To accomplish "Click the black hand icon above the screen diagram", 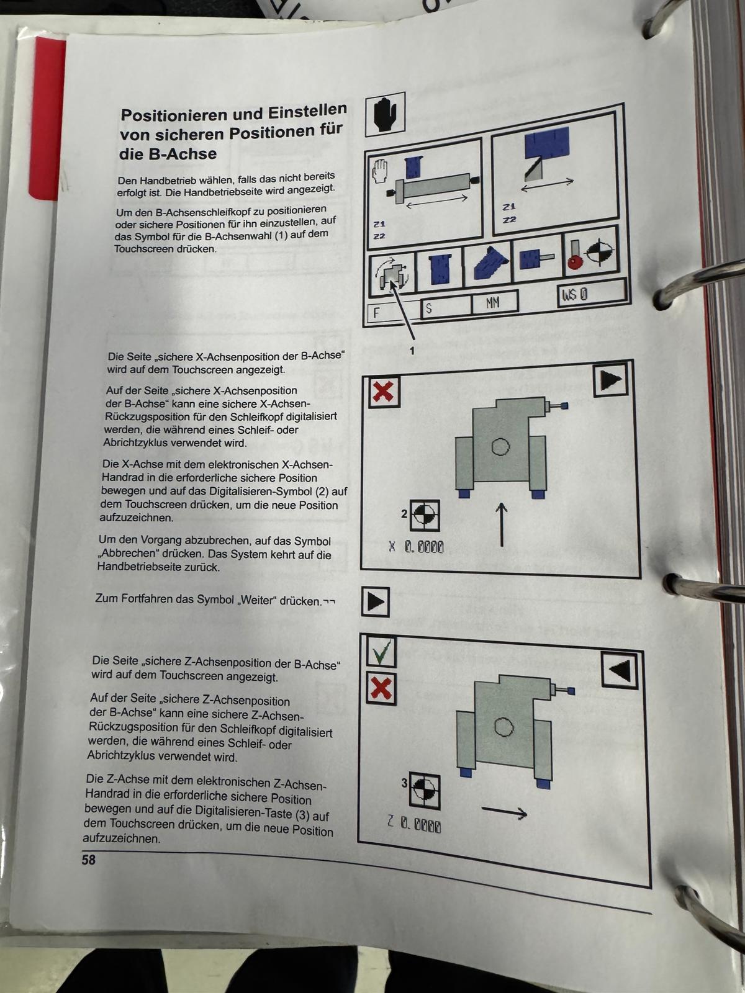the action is [x=385, y=114].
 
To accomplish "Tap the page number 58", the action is [x=89, y=860].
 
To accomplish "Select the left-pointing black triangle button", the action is [x=619, y=670].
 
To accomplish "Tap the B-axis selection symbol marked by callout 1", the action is [x=392, y=276].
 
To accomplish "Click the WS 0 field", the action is [x=592, y=294].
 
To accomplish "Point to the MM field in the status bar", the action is [x=494, y=303].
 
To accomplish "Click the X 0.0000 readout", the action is [x=416, y=547].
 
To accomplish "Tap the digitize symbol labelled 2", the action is [x=425, y=515].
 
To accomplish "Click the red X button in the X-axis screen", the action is [x=384, y=392].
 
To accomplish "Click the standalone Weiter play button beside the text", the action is [x=376, y=601].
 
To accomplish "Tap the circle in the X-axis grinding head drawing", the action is [x=500, y=447].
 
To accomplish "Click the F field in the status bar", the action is [x=392, y=312].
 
